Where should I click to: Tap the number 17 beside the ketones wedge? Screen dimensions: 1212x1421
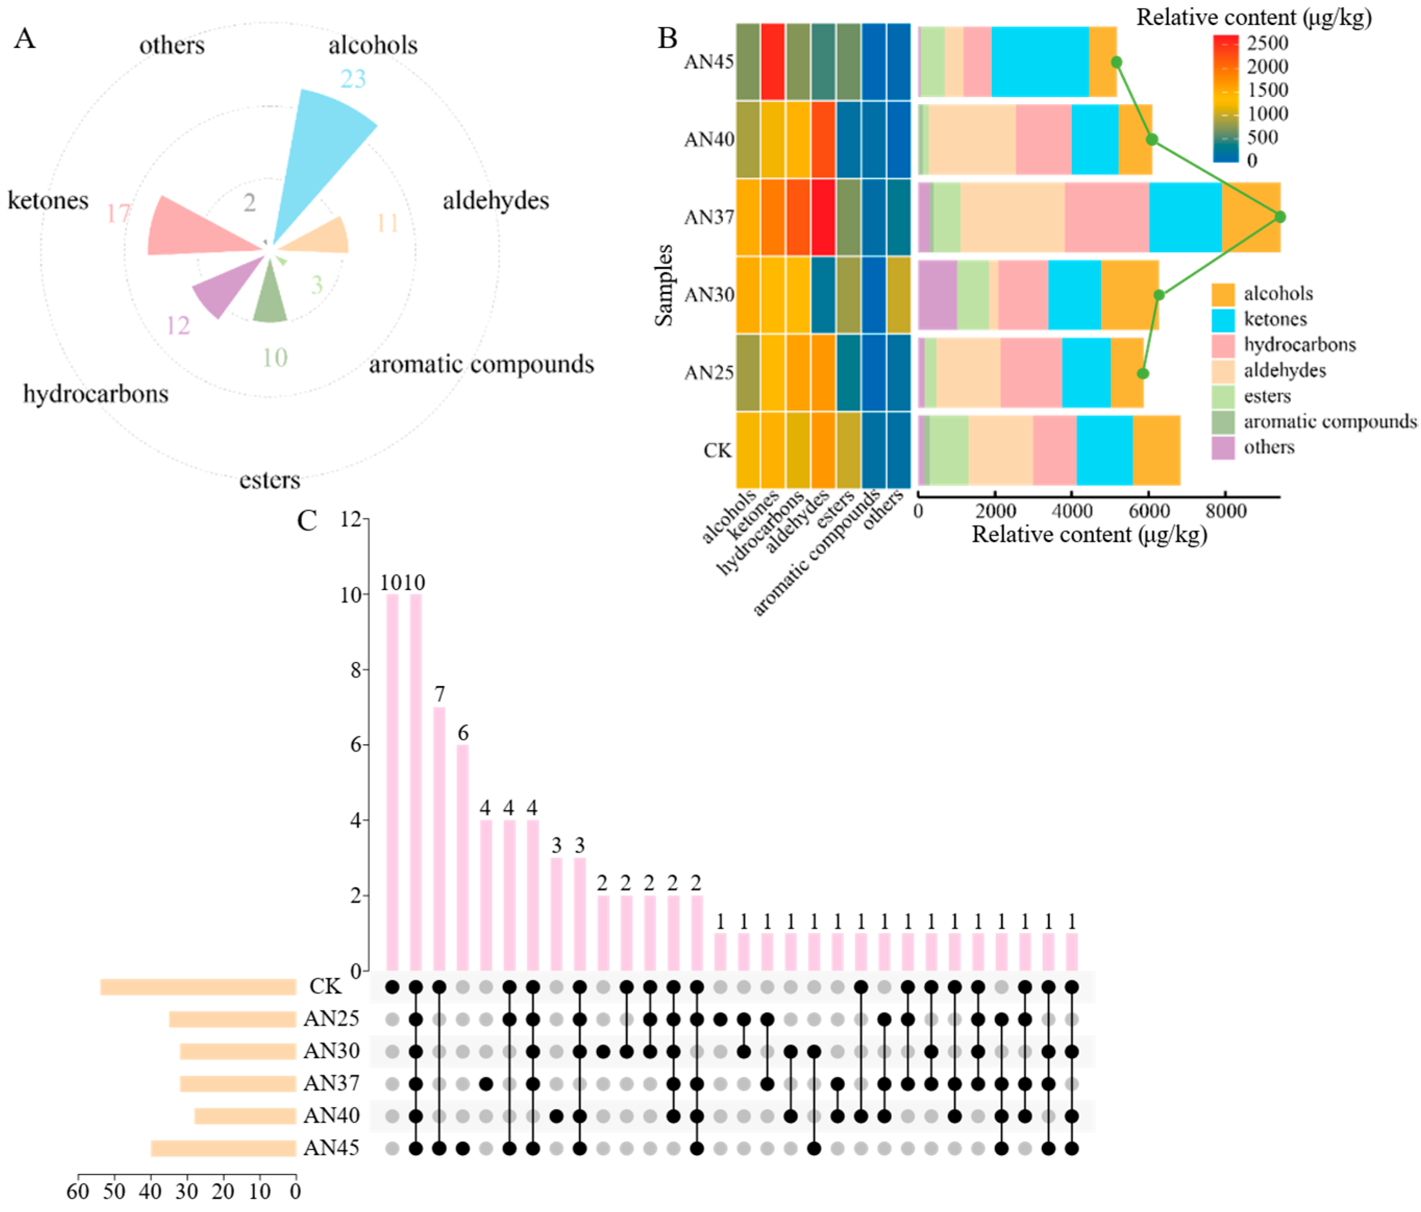tap(118, 214)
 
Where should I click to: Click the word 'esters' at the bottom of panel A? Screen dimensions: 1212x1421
tap(269, 480)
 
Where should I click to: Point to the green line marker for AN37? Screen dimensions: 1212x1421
tap(1280, 217)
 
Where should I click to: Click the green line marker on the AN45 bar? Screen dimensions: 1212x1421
tap(1116, 63)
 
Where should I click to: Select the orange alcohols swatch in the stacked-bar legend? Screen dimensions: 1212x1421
tap(1223, 294)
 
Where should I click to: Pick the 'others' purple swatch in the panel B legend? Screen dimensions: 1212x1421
tap(1223, 447)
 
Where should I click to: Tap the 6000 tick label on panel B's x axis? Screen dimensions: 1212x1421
tap(1150, 511)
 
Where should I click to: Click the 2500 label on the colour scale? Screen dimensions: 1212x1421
tap(1267, 43)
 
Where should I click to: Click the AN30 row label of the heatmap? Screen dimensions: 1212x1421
tap(709, 295)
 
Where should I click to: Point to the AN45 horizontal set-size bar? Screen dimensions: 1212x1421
tap(223, 1148)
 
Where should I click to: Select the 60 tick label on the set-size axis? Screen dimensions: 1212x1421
tap(78, 1191)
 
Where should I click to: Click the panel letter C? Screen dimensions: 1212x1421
tap(307, 521)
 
